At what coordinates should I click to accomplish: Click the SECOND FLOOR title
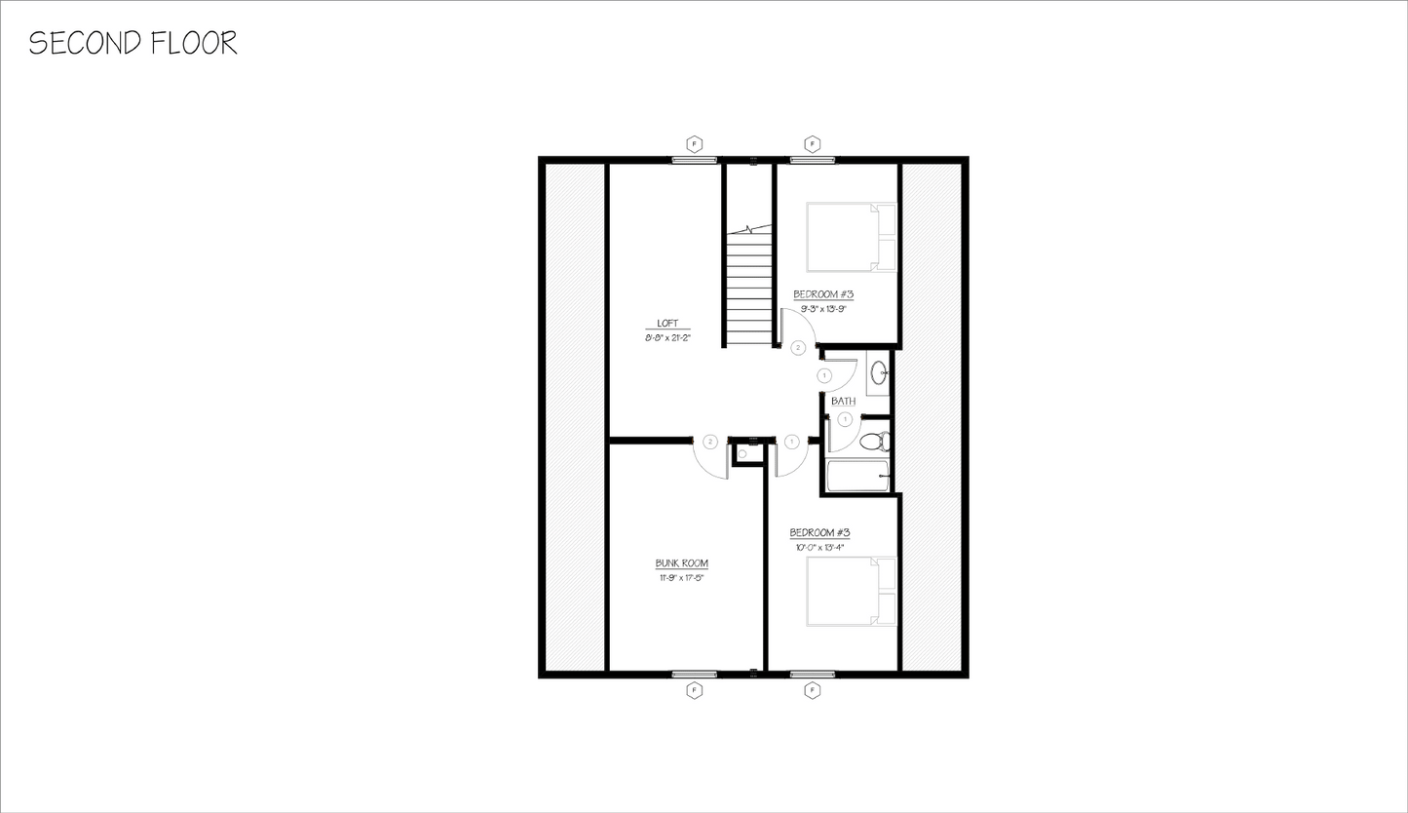[x=133, y=43]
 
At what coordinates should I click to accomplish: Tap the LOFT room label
[x=667, y=325]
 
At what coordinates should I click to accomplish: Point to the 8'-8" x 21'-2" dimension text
[x=667, y=337]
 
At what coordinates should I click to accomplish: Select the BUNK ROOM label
[x=681, y=563]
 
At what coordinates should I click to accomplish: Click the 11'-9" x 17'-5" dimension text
[x=681, y=577]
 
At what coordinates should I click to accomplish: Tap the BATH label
[x=843, y=401]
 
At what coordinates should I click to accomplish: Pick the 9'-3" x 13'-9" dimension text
[x=822, y=308]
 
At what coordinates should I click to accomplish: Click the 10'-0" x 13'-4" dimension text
[x=819, y=547]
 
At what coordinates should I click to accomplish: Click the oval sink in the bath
[x=878, y=371]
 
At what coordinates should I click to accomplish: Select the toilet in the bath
[x=874, y=441]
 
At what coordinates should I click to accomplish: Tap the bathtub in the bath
[x=857, y=476]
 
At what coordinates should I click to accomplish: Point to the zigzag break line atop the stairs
[x=747, y=230]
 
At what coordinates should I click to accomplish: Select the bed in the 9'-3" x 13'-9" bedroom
[x=850, y=236]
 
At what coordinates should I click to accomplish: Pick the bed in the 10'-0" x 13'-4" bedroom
[x=850, y=592]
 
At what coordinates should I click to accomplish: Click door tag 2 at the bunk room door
[x=710, y=442]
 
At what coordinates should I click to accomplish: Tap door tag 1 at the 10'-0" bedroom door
[x=791, y=442]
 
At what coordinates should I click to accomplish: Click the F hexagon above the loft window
[x=695, y=144]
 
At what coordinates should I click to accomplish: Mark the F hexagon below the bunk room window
[x=695, y=690]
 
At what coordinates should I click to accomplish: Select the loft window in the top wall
[x=695, y=160]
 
